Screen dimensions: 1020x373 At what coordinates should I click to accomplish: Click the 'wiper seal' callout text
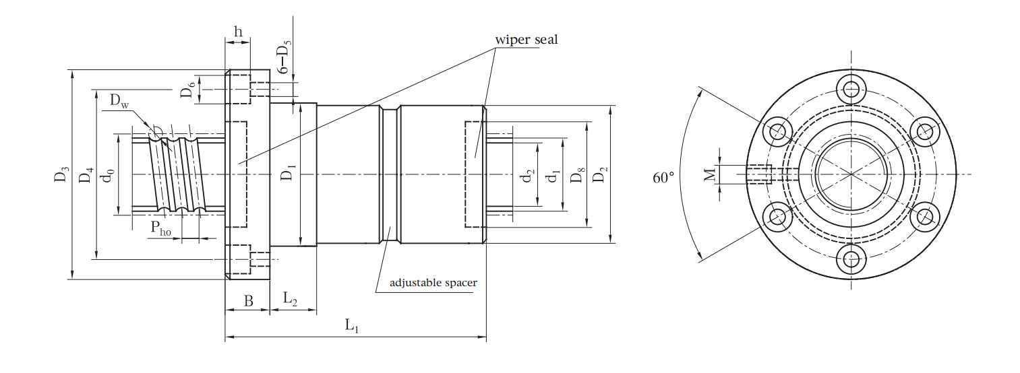click(527, 40)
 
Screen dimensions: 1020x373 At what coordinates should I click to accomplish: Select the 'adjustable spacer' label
click(433, 283)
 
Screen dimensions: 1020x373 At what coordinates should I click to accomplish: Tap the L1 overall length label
click(351, 326)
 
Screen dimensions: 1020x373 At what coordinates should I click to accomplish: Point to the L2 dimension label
click(290, 299)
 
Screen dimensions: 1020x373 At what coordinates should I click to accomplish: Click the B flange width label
click(248, 301)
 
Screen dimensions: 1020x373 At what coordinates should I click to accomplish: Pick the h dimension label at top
click(238, 32)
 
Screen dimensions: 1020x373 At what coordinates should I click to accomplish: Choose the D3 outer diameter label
click(62, 174)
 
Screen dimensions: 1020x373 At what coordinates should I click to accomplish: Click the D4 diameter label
click(86, 175)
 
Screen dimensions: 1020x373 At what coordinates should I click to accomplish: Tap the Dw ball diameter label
click(119, 101)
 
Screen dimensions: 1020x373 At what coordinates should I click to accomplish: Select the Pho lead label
click(161, 228)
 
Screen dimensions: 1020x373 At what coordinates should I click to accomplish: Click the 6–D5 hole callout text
click(284, 57)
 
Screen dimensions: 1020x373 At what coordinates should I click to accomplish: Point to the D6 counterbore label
click(189, 90)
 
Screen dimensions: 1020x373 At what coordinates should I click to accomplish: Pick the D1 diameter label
click(289, 172)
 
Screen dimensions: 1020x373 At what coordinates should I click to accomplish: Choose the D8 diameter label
click(577, 175)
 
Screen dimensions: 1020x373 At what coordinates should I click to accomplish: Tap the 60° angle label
click(663, 177)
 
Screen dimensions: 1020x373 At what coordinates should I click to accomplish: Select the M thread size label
click(710, 174)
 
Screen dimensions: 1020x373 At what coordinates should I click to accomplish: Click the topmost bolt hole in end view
click(851, 90)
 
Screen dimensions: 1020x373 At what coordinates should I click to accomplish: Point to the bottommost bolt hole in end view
click(851, 259)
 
